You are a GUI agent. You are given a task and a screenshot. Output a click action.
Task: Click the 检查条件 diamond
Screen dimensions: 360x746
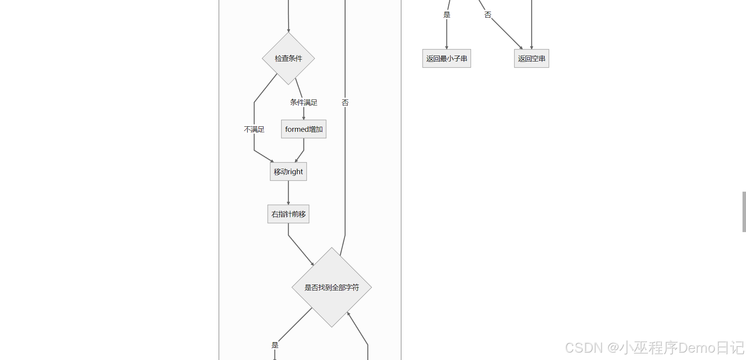(288, 58)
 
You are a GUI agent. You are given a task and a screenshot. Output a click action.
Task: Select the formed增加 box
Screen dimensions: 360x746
(304, 129)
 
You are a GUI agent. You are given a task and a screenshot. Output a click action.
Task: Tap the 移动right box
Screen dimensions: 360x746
(288, 171)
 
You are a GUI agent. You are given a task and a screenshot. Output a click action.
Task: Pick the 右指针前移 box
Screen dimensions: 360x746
(288, 214)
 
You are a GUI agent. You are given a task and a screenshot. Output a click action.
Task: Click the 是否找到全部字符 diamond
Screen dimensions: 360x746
(332, 287)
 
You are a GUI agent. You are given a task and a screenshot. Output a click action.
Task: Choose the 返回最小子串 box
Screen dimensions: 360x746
(446, 58)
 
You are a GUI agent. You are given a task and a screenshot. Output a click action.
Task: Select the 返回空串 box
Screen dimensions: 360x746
(531, 58)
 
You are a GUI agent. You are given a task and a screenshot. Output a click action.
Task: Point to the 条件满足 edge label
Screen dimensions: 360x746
(304, 102)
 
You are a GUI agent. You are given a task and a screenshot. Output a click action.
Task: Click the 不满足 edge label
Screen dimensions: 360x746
(254, 129)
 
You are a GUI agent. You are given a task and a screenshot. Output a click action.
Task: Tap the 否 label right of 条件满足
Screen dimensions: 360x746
(345, 102)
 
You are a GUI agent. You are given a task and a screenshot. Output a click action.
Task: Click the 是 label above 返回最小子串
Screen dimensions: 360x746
(447, 15)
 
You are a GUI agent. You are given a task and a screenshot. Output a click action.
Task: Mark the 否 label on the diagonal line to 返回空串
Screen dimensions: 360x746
(488, 15)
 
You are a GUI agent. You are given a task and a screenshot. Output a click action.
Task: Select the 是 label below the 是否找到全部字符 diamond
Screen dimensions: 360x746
(275, 345)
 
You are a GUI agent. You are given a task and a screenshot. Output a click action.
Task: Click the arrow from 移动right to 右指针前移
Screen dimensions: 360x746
(288, 192)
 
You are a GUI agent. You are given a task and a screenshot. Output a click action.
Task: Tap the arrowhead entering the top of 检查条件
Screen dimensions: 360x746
(288, 30)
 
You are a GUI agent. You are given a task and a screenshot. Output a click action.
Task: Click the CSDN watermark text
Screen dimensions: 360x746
(654, 348)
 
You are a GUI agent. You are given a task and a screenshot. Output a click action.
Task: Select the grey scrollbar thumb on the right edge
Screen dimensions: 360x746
(744, 211)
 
